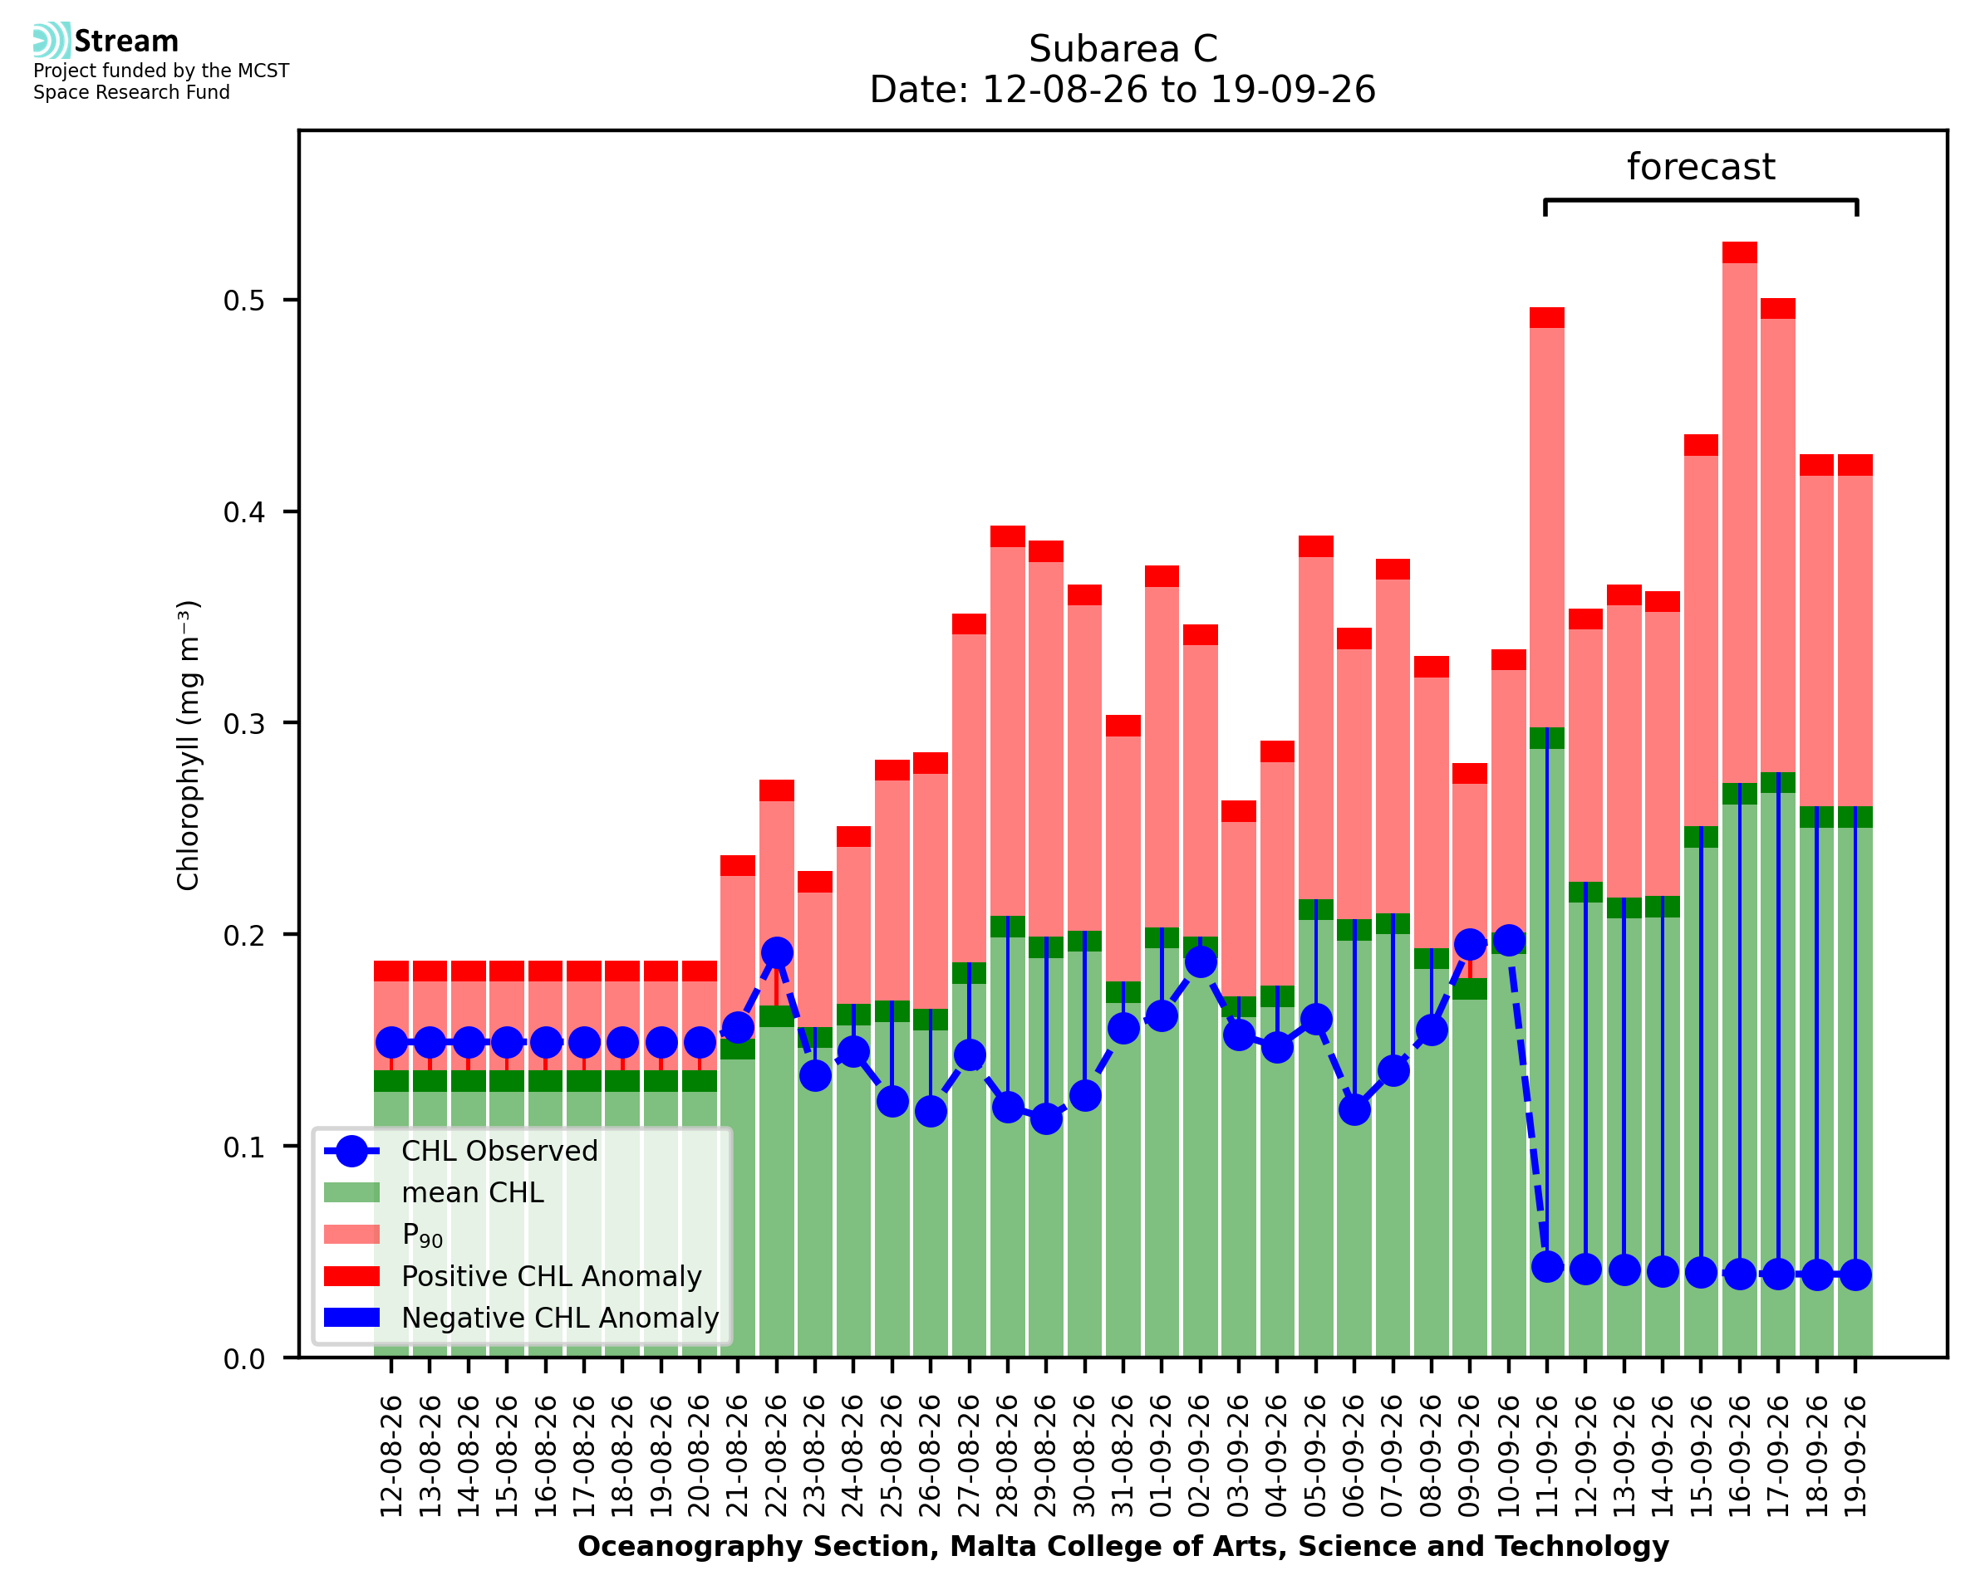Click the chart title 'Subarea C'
(1123, 49)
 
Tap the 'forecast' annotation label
(1701, 167)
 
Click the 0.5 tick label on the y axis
(243, 301)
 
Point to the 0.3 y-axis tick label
(243, 723)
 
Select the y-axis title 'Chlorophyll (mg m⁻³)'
(189, 745)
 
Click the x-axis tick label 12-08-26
(391, 1456)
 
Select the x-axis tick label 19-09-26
(1855, 1456)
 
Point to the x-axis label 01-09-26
(1162, 1456)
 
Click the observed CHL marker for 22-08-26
(777, 953)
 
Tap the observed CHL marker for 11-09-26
(1547, 1267)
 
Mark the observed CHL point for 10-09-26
(1508, 941)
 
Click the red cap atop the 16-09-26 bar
(1739, 252)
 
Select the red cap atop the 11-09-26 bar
(1547, 318)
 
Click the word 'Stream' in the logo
(126, 42)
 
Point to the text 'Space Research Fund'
(131, 92)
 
